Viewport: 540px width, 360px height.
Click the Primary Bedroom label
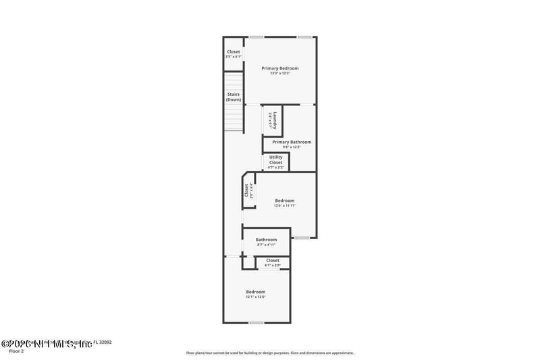(279, 68)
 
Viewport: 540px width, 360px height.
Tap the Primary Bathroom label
(292, 142)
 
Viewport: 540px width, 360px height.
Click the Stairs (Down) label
(234, 97)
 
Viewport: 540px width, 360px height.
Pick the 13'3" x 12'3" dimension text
(279, 74)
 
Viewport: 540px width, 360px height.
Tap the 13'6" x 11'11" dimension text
(284, 205)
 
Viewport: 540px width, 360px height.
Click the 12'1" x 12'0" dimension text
(255, 297)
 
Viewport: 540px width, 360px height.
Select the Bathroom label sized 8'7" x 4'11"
(266, 240)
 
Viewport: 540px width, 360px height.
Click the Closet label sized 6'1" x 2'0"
(273, 260)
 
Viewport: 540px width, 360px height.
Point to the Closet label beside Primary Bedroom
(233, 51)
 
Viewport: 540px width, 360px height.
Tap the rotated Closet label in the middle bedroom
(247, 190)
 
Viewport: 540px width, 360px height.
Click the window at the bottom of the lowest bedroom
(256, 323)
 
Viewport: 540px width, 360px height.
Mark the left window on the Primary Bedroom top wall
(256, 36)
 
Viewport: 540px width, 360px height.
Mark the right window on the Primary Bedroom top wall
(305, 36)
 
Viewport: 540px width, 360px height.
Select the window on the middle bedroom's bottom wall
(301, 238)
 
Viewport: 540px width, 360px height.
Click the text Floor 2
(16, 351)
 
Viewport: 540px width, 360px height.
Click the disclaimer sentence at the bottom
(269, 353)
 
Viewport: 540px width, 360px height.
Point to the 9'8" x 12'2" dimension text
(292, 147)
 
